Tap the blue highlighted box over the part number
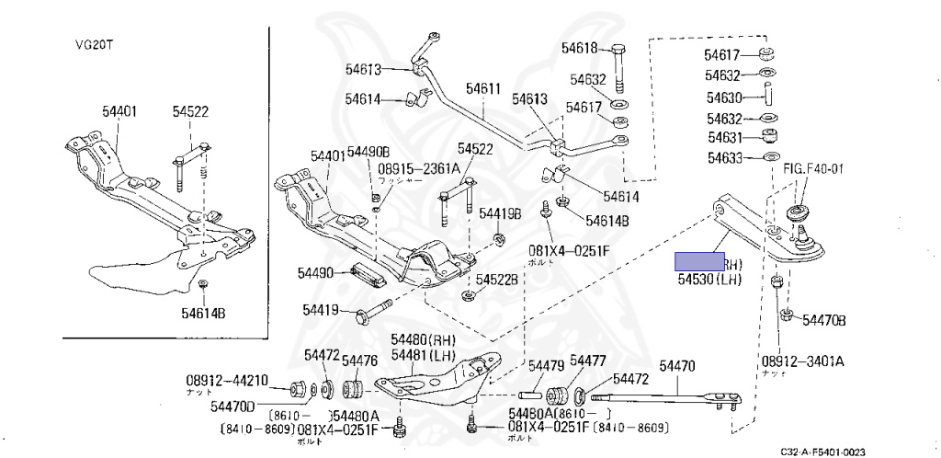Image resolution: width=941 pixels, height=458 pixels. click(x=699, y=262)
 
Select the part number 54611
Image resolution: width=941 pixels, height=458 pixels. click(x=482, y=89)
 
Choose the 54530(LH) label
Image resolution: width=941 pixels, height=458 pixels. click(x=709, y=279)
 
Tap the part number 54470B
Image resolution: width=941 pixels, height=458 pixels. click(x=823, y=320)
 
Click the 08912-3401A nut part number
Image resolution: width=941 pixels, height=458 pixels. click(x=804, y=361)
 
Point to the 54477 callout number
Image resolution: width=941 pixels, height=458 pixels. click(x=587, y=360)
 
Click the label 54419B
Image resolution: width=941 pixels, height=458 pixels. click(x=499, y=213)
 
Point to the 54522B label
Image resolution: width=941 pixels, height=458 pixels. click(x=497, y=279)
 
